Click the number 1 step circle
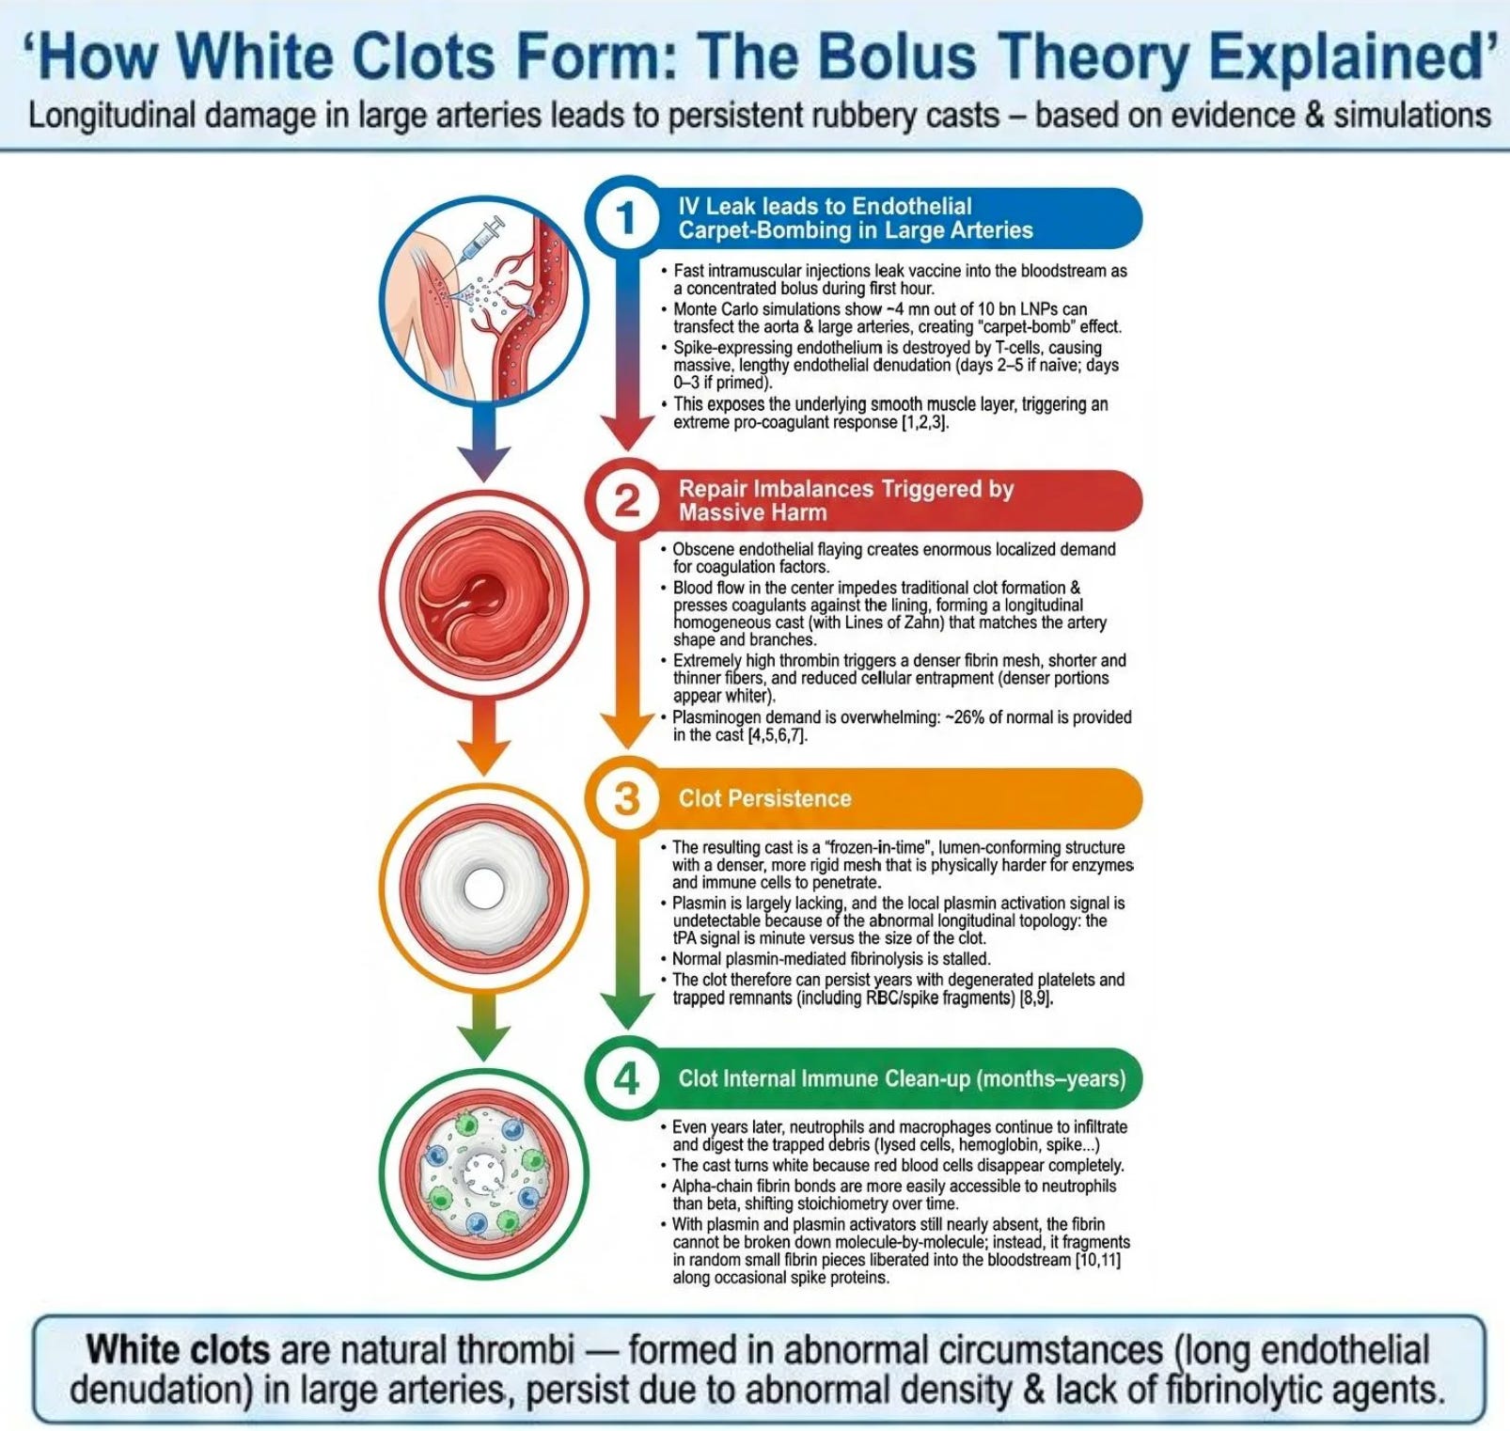pyautogui.click(x=626, y=218)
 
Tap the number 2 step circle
pyautogui.click(x=626, y=500)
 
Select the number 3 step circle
pyautogui.click(x=626, y=798)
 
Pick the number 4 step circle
pyautogui.click(x=626, y=1077)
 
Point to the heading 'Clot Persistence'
pyautogui.click(x=764, y=798)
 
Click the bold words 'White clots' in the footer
pyautogui.click(x=178, y=1350)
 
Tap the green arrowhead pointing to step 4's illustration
pyautogui.click(x=483, y=1045)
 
